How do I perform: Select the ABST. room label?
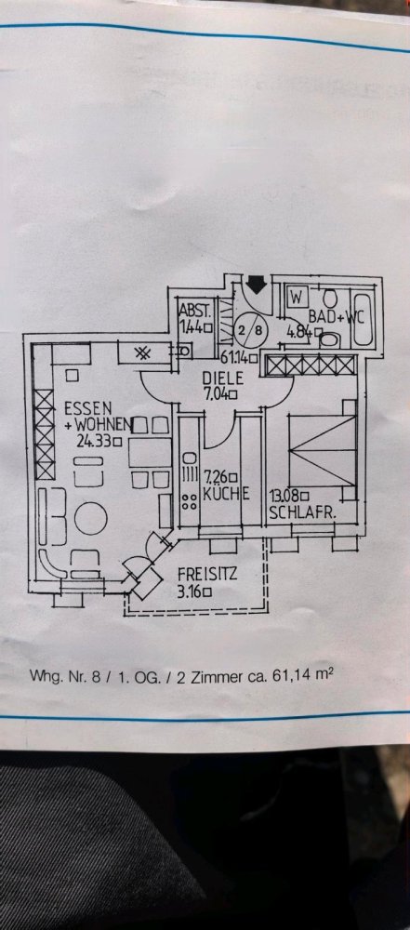[x=193, y=311]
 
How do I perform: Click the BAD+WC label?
[x=336, y=317]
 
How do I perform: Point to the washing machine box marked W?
[x=296, y=296]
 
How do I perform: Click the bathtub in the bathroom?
[x=362, y=317]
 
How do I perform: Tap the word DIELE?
[x=218, y=378]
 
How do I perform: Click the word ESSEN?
[x=87, y=409]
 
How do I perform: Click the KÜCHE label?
[x=225, y=493]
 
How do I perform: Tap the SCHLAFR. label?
[x=302, y=513]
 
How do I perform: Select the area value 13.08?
[x=286, y=496]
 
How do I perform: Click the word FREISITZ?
[x=207, y=574]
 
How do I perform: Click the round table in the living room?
[x=91, y=518]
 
